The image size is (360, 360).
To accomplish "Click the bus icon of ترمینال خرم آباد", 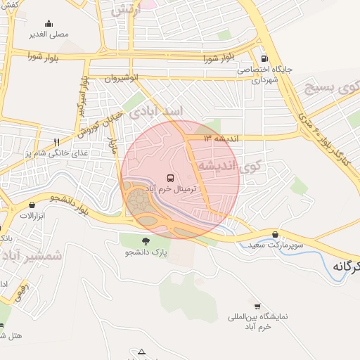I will tap(171, 179).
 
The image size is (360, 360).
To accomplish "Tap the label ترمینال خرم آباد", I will tap(171, 191).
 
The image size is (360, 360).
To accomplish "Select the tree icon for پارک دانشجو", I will tap(146, 240).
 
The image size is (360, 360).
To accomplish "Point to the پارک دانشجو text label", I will tap(146, 252).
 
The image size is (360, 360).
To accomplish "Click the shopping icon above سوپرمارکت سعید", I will tap(274, 234).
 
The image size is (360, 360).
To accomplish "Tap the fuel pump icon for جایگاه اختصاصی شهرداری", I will tap(264, 59).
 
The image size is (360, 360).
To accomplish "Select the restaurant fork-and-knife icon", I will tap(57, 142).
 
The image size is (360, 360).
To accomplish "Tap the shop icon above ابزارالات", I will tap(32, 205).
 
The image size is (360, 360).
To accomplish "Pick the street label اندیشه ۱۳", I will tap(221, 139).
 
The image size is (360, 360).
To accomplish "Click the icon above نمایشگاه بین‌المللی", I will tap(258, 307).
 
